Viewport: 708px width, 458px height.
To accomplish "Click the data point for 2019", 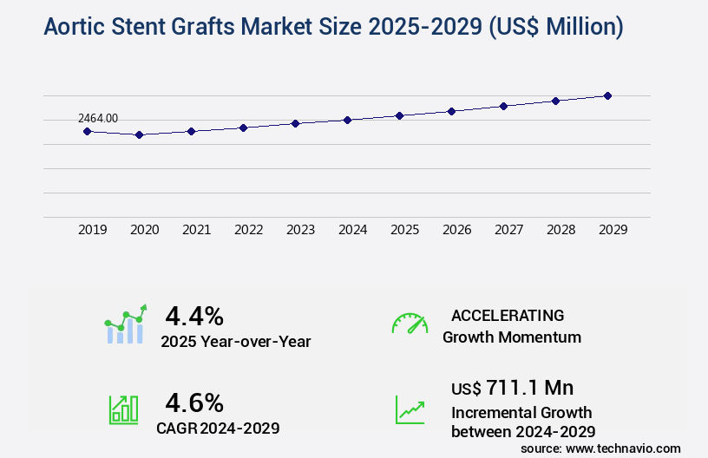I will pyautogui.click(x=87, y=131).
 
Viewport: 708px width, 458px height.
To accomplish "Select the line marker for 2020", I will pyautogui.click(x=139, y=134).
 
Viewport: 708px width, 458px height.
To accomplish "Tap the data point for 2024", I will pyautogui.click(x=347, y=120).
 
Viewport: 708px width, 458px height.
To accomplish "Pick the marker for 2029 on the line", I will pyautogui.click(x=607, y=95).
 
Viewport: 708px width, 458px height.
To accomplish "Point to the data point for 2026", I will pyautogui.click(x=451, y=111).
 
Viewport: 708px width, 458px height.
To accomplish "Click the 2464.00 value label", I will pyautogui.click(x=97, y=118).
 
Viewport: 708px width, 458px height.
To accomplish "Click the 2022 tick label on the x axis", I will pyautogui.click(x=249, y=230).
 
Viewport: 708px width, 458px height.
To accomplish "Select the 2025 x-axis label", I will pyautogui.click(x=405, y=230).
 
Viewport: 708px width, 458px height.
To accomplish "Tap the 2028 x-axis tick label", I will pyautogui.click(x=561, y=230).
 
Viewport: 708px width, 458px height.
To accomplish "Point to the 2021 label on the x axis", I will pyautogui.click(x=197, y=230).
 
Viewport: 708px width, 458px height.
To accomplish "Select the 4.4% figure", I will pyautogui.click(x=194, y=315).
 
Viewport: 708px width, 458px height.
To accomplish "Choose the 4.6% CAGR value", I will pyautogui.click(x=194, y=402).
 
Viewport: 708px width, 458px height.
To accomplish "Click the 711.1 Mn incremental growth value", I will pyautogui.click(x=529, y=387).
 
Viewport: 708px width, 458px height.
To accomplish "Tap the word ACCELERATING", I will pyautogui.click(x=508, y=315).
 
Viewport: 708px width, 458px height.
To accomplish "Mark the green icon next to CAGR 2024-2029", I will pyautogui.click(x=123, y=409).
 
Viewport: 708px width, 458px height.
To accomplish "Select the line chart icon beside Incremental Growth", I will pyautogui.click(x=410, y=409).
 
